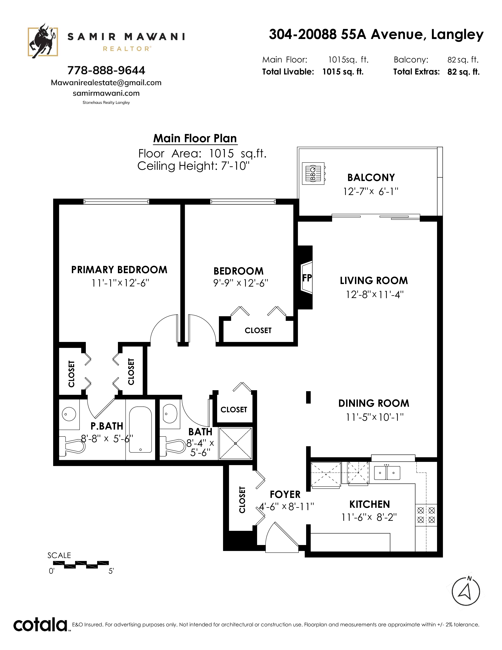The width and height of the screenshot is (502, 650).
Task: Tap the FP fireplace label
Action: point(307,278)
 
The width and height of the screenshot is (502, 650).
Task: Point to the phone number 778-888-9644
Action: point(106,70)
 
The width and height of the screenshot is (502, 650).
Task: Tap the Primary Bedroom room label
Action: point(119,270)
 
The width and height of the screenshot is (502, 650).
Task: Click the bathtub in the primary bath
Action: point(140,429)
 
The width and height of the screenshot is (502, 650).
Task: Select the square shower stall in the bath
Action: point(235,443)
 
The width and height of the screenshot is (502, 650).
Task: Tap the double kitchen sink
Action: point(387,473)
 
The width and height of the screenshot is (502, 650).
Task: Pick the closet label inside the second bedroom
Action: point(258,330)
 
